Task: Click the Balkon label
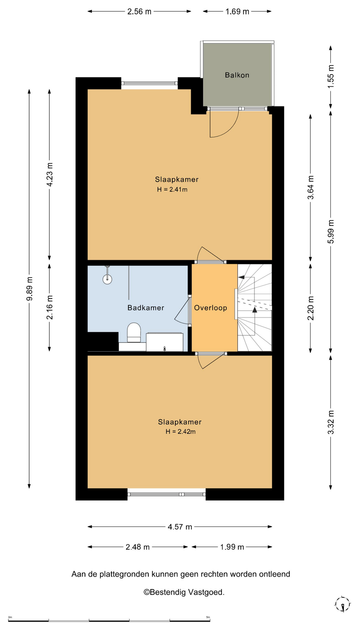(237, 75)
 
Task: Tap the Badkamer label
(146, 308)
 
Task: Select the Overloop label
(211, 308)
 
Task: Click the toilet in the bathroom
(134, 332)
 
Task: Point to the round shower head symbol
(107, 279)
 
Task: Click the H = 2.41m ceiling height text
(172, 190)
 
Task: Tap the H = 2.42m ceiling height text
(181, 432)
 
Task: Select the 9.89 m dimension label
(30, 289)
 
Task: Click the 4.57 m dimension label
(180, 527)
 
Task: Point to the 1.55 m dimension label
(331, 76)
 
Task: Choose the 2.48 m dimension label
(138, 547)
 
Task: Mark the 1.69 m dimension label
(237, 12)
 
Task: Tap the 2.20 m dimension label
(311, 308)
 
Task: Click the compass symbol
(342, 604)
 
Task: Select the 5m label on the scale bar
(208, 617)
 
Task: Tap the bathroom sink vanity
(165, 342)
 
